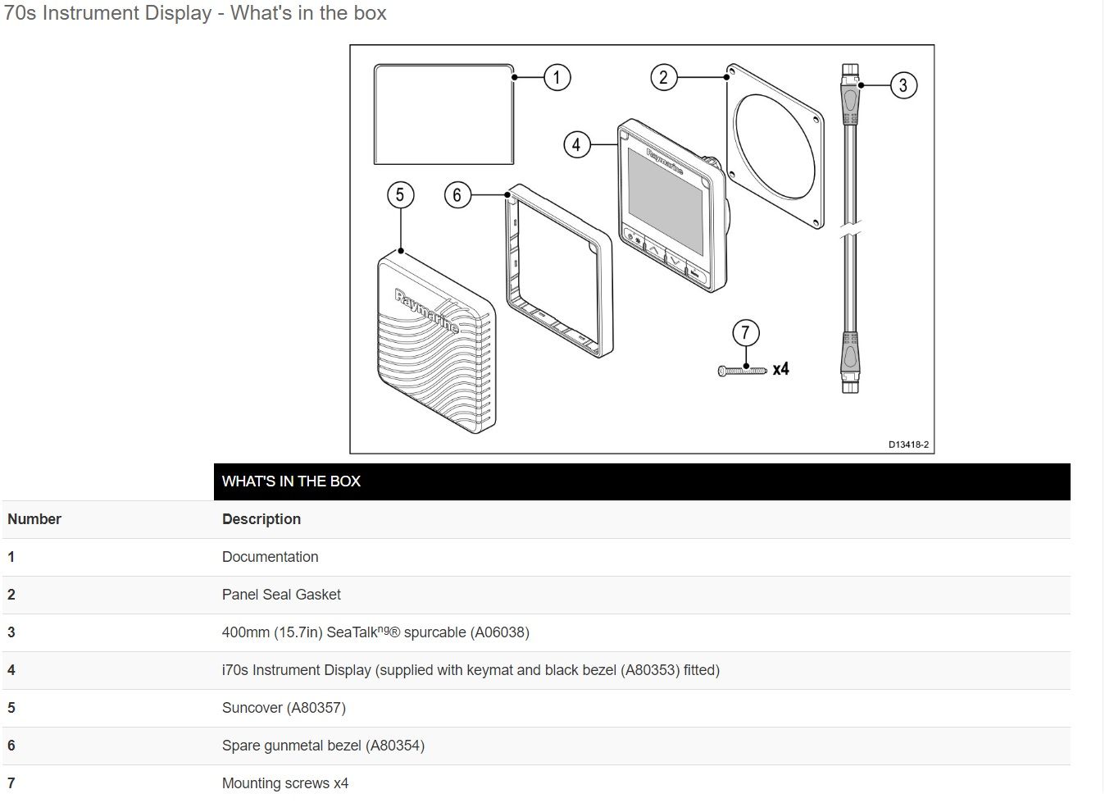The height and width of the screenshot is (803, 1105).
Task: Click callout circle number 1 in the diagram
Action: point(557,78)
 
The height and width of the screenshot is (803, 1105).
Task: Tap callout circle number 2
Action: point(663,78)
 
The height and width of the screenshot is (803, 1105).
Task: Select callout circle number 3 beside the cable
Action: point(903,85)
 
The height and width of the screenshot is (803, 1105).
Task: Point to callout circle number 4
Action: point(576,145)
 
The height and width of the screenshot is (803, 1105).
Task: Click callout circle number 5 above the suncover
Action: point(400,194)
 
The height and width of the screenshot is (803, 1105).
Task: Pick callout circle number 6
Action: point(457,194)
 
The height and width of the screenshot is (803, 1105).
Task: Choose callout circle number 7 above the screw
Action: point(745,333)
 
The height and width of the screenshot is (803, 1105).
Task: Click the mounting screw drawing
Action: point(742,371)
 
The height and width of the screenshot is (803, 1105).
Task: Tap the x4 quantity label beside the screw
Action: point(780,369)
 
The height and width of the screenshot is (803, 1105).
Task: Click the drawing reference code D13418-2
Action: point(908,445)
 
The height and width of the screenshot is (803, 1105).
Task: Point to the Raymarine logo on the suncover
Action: point(425,311)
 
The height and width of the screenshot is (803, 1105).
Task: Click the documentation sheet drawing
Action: point(443,115)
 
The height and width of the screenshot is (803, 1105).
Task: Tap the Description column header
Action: point(261,519)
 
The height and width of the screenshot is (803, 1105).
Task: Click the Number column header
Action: point(34,519)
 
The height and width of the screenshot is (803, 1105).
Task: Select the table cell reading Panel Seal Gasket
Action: point(281,595)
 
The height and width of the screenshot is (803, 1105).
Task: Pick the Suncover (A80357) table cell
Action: point(284,708)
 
